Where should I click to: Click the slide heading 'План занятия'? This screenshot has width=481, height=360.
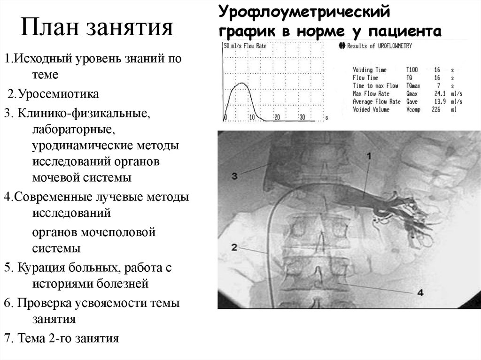(96, 28)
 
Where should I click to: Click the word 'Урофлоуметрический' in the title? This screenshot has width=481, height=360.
(304, 9)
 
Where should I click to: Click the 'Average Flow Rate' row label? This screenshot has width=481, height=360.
(377, 102)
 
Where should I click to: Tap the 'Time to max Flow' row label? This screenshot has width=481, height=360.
(375, 86)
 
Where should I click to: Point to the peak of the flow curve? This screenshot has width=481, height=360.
(242, 83)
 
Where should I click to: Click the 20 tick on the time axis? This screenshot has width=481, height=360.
(277, 117)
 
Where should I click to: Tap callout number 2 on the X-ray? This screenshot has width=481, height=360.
(235, 245)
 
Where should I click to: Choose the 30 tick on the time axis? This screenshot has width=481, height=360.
(302, 117)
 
